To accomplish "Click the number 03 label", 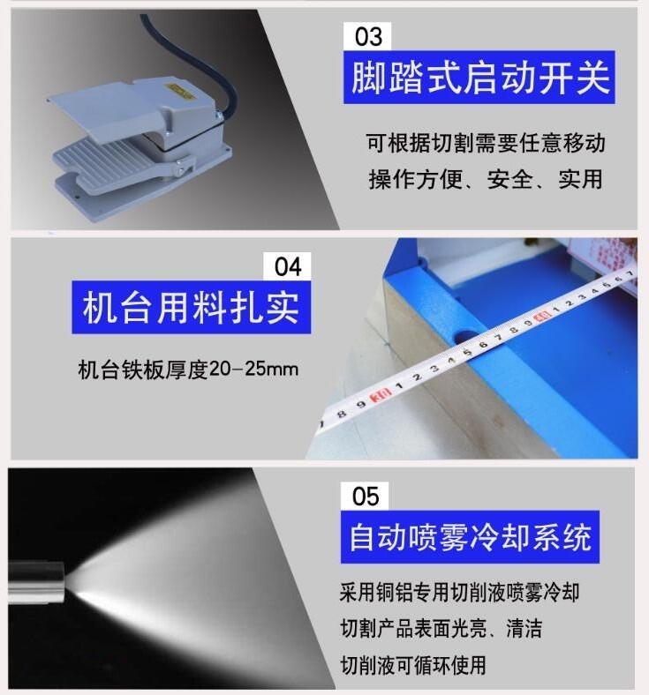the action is tap(367, 36).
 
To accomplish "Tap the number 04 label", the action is tap(288, 266).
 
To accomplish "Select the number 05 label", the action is tap(365, 496).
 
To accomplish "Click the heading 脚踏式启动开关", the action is tap(479, 78).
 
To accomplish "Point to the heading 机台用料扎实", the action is tap(191, 307).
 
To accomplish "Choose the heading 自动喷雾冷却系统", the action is tap(470, 537).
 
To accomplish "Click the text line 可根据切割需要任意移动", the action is tap(486, 143).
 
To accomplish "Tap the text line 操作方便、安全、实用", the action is tap(486, 179).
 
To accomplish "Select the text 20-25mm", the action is tap(253, 369).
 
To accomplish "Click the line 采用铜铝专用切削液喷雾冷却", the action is tap(459, 592).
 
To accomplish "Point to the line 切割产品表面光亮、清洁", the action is tap(441, 628).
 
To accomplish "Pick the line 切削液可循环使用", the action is tap(413, 665).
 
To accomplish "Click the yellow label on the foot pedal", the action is tap(180, 90).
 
